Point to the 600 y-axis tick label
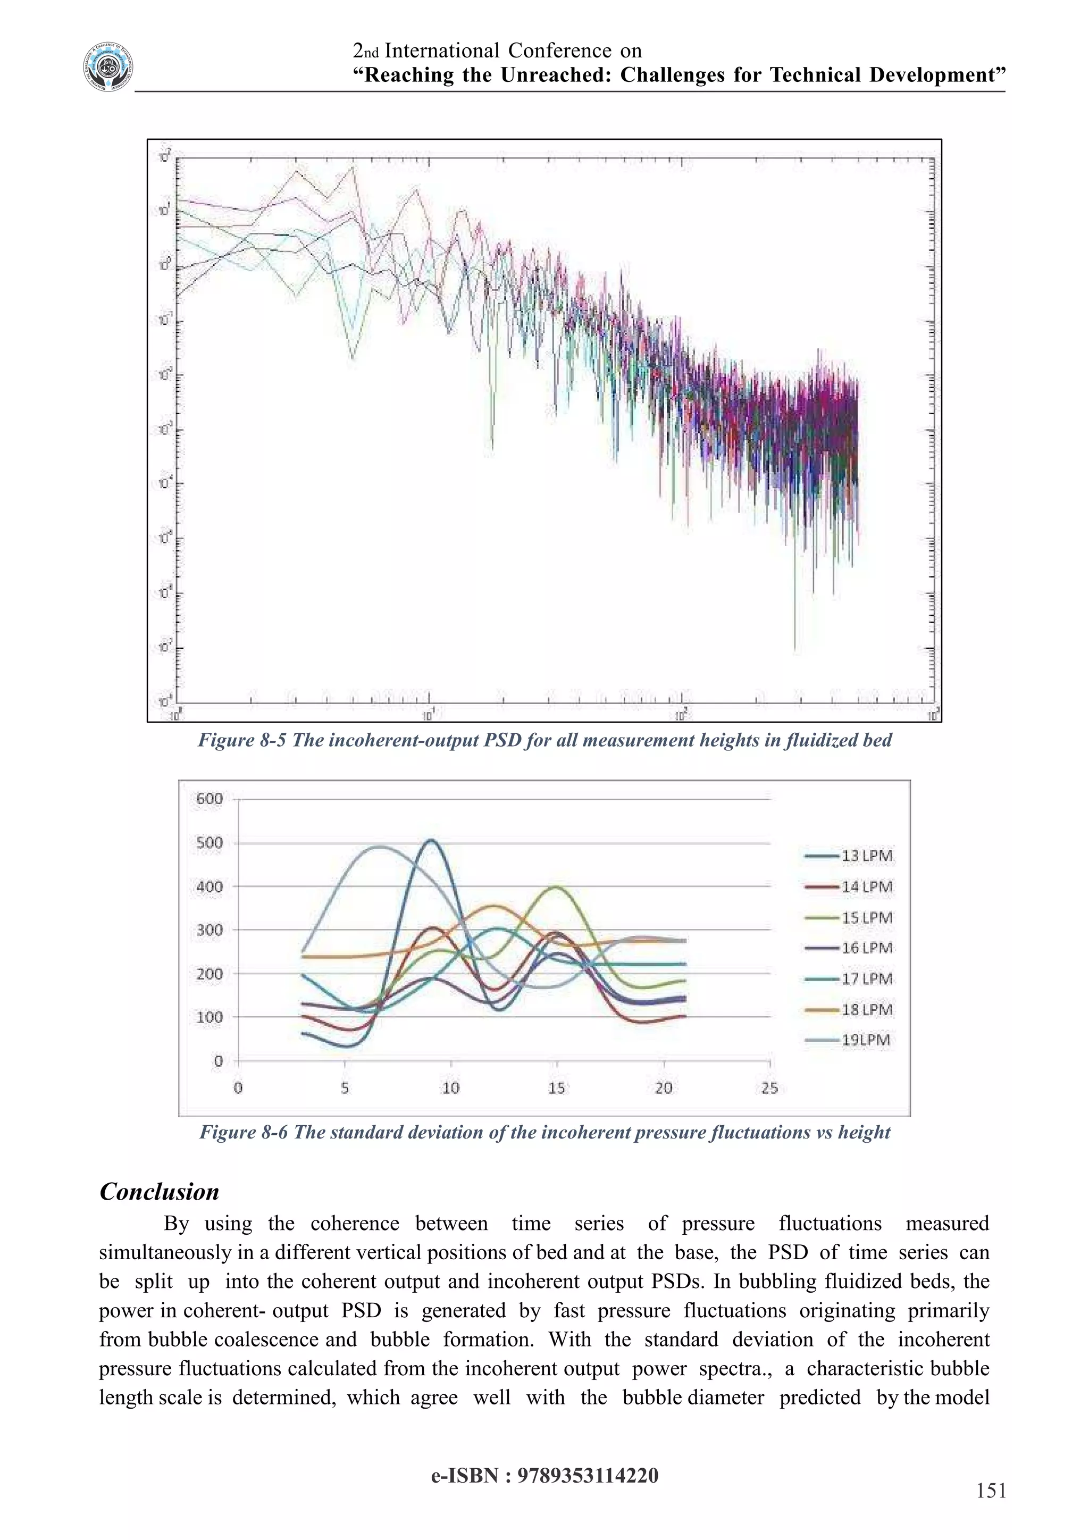point(209,799)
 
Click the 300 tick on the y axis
point(209,930)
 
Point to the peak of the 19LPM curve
point(380,847)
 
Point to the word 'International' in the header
point(442,51)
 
